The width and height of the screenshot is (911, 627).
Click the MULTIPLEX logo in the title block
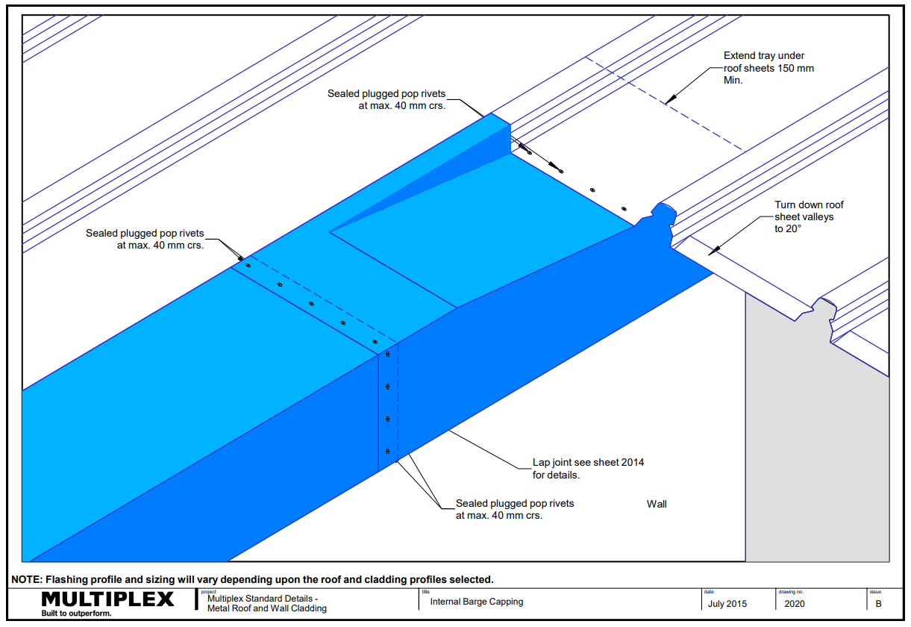[x=107, y=599]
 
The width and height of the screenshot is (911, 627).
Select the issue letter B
[x=878, y=604]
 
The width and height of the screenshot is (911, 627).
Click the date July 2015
[x=727, y=604]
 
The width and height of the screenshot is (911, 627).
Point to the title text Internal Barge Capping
[x=476, y=602]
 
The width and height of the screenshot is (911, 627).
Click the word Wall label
[x=657, y=504]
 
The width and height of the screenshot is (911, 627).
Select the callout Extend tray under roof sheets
[x=768, y=68]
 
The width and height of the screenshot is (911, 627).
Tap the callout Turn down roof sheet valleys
[x=809, y=216]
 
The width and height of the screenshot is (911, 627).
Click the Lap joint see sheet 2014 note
[x=587, y=468]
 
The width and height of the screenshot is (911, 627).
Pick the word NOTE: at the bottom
[x=27, y=579]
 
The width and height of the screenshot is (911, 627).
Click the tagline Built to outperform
[x=76, y=614]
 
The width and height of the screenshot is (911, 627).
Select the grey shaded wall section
[x=817, y=448]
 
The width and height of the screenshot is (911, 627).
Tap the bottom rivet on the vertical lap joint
[x=388, y=451]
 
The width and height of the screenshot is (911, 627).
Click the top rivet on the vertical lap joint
[x=388, y=354]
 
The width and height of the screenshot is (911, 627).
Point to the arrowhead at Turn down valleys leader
[x=712, y=251]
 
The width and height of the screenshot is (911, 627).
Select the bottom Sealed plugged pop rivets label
[x=515, y=509]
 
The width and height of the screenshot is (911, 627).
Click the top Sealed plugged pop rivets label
[x=386, y=99]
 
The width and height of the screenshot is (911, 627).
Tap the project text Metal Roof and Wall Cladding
[x=267, y=608]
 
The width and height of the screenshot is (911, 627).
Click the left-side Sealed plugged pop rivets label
[x=145, y=239]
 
